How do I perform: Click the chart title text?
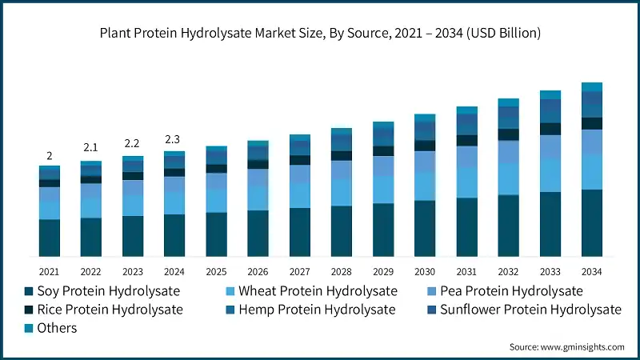click(320, 34)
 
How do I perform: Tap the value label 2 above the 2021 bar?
click(50, 155)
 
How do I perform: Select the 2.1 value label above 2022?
click(91, 148)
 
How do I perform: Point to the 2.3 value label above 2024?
click(174, 139)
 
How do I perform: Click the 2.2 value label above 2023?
click(132, 143)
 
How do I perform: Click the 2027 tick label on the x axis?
click(299, 271)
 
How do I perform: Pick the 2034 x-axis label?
click(591, 271)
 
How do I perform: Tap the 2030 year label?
click(424, 271)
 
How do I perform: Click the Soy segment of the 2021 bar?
click(50, 238)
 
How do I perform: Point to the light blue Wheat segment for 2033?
click(550, 175)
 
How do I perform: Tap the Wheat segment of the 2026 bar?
click(258, 198)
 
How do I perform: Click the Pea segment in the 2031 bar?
click(466, 157)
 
